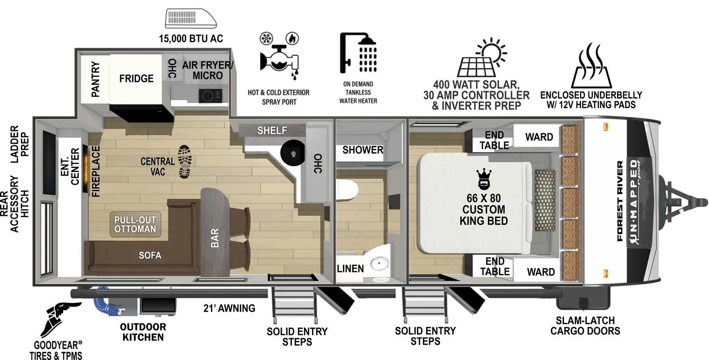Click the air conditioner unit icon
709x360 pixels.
[191, 19]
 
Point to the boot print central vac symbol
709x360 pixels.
[185, 161]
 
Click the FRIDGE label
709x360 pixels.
[136, 78]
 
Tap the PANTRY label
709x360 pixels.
[95, 79]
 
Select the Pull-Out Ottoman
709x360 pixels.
[135, 224]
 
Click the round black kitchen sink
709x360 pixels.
[293, 153]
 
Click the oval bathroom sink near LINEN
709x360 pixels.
[379, 265]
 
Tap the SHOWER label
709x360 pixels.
[362, 150]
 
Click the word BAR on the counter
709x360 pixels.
[214, 238]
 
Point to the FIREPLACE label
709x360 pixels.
[96, 171]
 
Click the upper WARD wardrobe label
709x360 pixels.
[539, 137]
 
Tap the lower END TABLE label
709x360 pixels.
[494, 266]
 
